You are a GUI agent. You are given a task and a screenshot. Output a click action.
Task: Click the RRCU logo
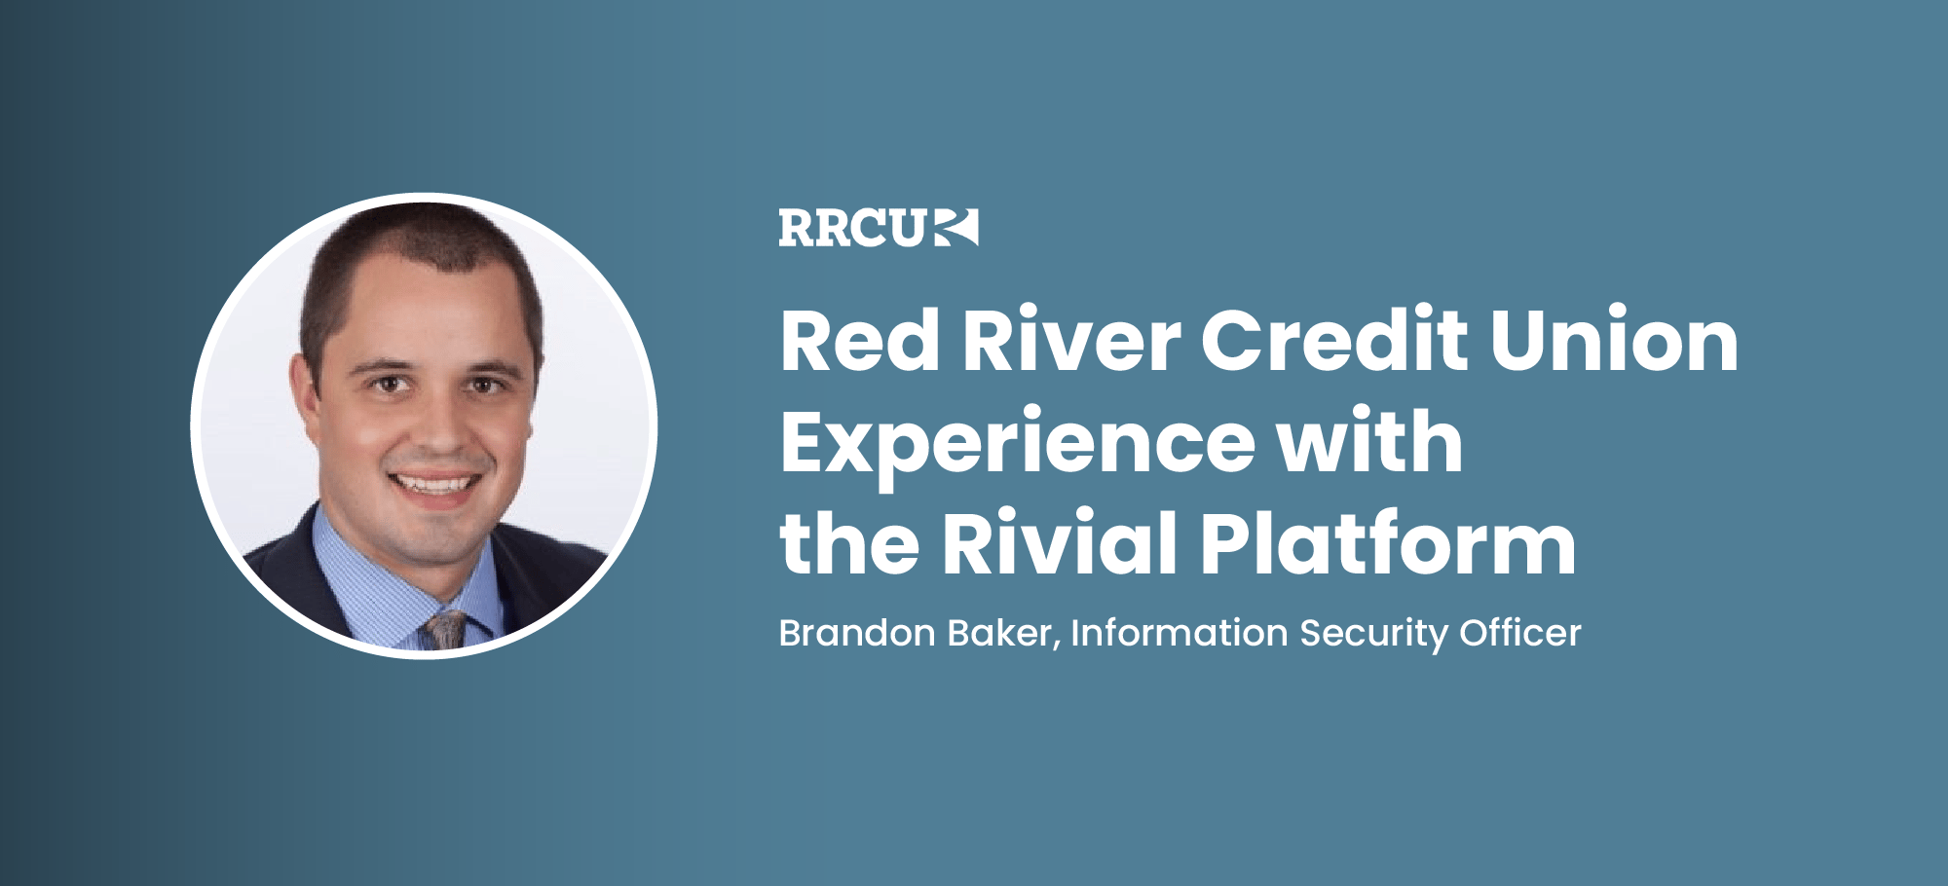coord(877,228)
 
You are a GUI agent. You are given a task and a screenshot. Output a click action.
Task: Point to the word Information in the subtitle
coord(1179,634)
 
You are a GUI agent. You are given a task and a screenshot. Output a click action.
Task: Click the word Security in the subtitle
coord(1373,635)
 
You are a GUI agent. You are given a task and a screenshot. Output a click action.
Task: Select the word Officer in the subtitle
coord(1519,634)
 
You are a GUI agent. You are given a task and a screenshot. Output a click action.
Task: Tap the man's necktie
coord(446,629)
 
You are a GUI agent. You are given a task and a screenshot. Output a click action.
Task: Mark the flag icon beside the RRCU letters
coord(955,228)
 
